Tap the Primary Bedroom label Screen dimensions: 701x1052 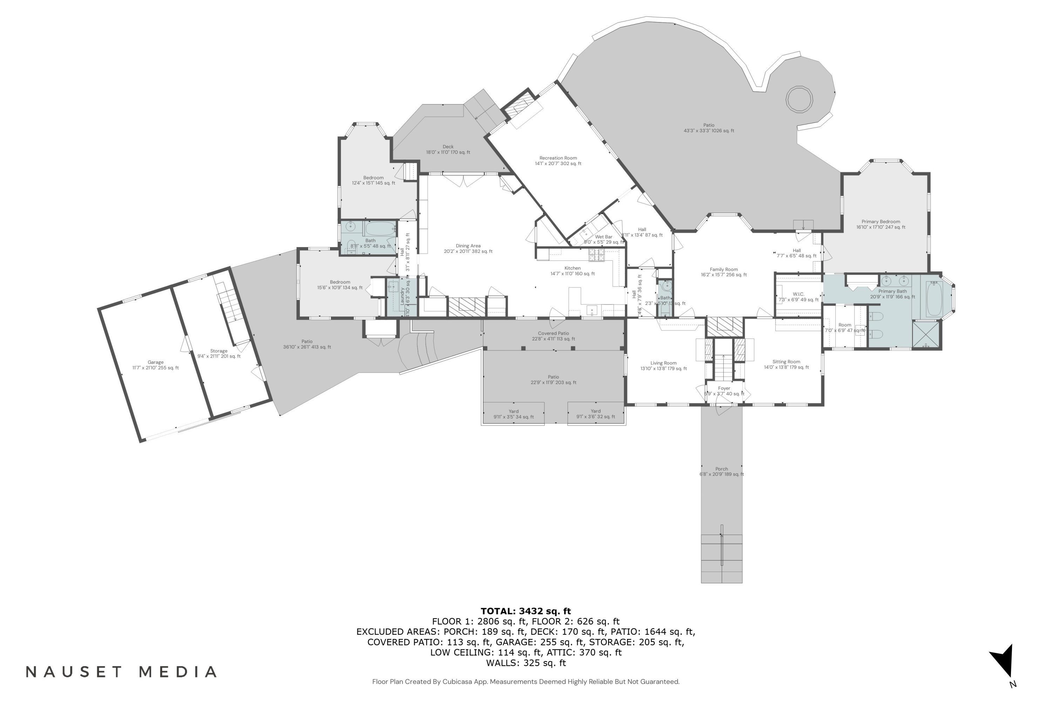click(x=881, y=222)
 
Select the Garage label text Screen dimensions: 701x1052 click(x=155, y=362)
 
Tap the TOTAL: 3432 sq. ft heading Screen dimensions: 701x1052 click(x=526, y=611)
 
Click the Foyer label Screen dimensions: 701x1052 click(x=724, y=388)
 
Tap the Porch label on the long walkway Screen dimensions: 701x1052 click(x=721, y=469)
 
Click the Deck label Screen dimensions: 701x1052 click(x=448, y=147)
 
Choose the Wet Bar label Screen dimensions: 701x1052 click(x=603, y=237)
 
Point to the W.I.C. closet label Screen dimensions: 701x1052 click(x=798, y=294)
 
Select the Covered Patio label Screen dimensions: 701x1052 click(x=553, y=334)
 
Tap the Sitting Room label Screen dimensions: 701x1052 click(x=786, y=362)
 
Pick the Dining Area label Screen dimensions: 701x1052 click(x=468, y=246)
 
